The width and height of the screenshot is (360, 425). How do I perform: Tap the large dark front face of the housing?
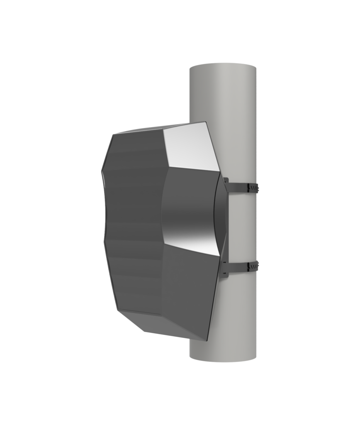click(133, 224)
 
